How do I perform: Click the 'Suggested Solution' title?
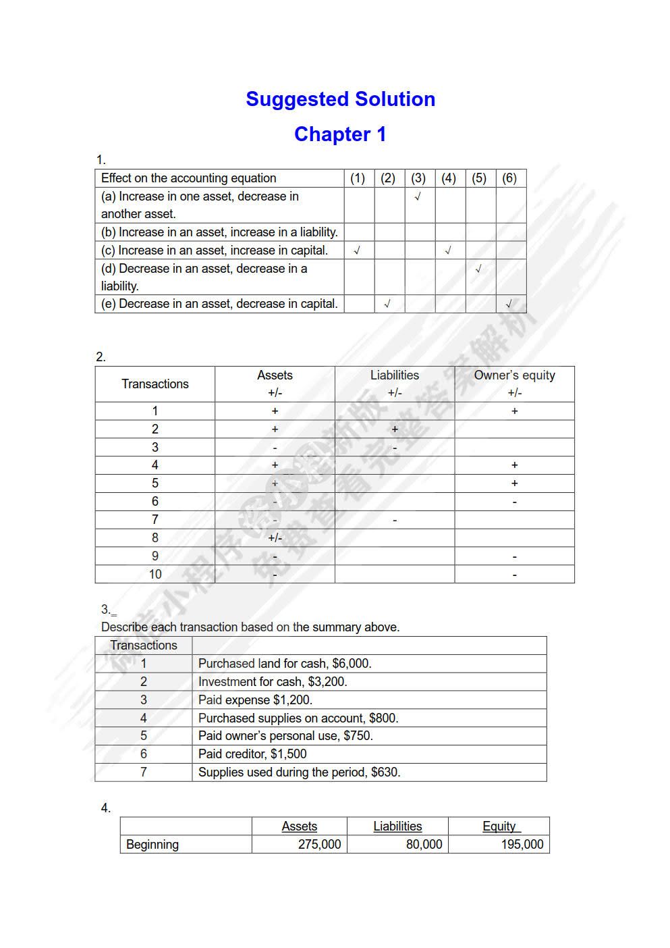coord(340,99)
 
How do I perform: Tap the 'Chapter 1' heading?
coord(340,134)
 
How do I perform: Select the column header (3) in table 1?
coord(418,178)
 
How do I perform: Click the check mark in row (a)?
coord(418,196)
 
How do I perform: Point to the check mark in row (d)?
coord(478,269)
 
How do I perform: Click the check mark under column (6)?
coord(509,304)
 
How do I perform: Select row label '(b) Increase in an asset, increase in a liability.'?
coord(219,232)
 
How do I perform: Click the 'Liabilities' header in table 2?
coord(395,375)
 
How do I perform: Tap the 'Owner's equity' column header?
coord(514,375)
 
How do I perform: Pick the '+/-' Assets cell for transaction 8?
coord(275,538)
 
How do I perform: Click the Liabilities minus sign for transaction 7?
coord(395,520)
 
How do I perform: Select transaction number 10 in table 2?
coord(155,575)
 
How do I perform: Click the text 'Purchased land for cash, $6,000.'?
coord(285,664)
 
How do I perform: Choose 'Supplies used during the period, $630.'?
coord(299,772)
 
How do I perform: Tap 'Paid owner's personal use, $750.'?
coord(285,736)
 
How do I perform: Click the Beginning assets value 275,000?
coord(319,845)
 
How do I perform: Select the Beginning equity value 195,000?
coord(522,845)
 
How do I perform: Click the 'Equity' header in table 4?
coord(499,826)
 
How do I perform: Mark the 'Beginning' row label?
coord(152,845)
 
